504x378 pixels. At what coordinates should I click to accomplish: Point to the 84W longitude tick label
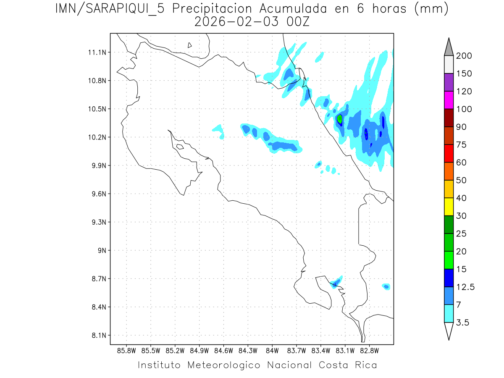272,350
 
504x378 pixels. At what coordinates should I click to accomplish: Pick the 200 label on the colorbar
464,56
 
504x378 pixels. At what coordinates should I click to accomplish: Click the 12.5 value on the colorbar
465,287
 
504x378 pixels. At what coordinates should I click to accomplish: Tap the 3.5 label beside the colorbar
462,323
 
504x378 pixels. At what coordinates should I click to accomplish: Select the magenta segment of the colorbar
448,100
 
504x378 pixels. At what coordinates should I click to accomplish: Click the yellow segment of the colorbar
448,206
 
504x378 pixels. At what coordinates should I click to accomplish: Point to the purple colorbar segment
448,82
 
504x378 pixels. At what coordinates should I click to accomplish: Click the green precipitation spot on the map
340,119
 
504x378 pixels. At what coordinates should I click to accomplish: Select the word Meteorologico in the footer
227,365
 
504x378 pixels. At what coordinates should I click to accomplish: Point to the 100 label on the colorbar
464,109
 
